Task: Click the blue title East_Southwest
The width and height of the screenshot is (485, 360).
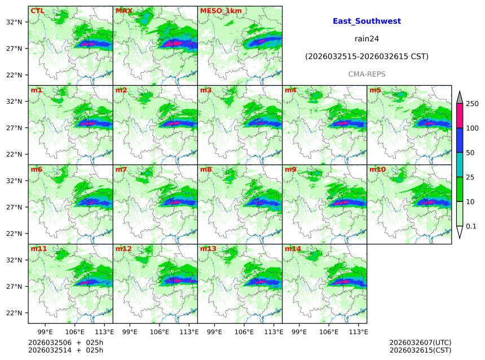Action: pos(367,21)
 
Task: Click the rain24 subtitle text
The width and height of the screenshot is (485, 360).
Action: pos(367,39)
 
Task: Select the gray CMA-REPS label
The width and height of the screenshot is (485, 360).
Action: pos(367,74)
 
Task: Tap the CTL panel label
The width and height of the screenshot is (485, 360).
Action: pos(38,11)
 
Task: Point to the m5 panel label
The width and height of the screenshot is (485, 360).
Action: pos(375,90)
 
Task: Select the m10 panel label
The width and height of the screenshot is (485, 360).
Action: pos(377,169)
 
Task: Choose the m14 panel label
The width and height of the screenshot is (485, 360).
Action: pos(293,248)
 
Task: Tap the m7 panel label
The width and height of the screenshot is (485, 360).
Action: pos(121,169)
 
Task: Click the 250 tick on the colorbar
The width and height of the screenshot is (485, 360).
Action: pos(472,104)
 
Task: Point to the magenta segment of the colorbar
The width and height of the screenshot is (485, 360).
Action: pos(460,116)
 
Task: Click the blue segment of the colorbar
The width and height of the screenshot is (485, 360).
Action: pos(460,141)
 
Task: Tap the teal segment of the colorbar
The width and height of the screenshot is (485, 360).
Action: pos(460,165)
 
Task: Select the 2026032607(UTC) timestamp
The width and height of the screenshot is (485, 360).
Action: pos(420,343)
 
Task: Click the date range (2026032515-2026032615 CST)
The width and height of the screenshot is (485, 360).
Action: pos(367,56)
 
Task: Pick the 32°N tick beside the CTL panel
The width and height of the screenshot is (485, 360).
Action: pos(14,22)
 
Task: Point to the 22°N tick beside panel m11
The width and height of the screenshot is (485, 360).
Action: pos(14,313)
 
